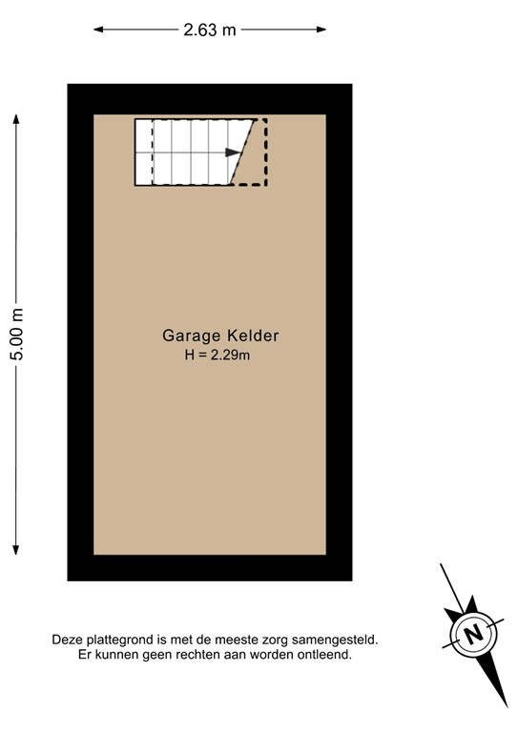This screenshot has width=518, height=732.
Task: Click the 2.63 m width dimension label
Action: coord(210,30)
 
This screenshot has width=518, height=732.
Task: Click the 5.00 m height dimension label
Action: coord(16,334)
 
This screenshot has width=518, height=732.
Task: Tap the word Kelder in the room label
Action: coord(253,335)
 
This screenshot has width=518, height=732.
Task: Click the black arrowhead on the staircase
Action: coord(233,152)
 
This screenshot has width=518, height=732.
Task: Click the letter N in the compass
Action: coord(471,632)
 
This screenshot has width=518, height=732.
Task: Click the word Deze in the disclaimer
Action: coord(69,641)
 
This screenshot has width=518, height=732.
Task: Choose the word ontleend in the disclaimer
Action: coord(325,656)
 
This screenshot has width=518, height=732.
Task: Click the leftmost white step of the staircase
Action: coord(143,152)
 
